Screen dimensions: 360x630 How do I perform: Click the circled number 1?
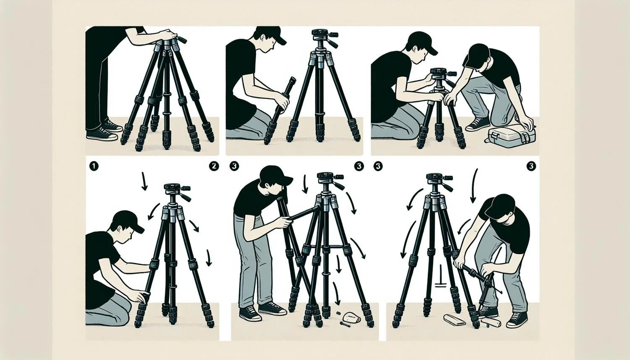click(93, 166)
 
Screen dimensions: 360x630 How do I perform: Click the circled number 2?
click(213, 166)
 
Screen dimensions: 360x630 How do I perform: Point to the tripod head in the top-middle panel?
click(321, 38)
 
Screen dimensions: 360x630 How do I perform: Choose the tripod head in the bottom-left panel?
click(177, 191)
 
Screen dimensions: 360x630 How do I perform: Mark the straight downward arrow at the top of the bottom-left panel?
click(144, 181)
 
